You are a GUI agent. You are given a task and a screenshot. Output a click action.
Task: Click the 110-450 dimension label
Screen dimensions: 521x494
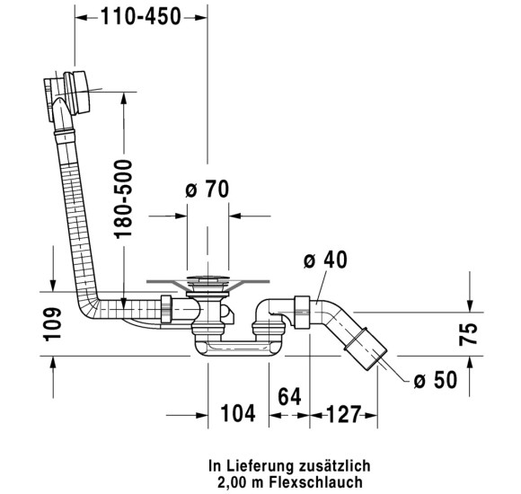point(141,17)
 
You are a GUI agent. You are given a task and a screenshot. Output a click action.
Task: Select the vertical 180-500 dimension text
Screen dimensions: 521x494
point(123,199)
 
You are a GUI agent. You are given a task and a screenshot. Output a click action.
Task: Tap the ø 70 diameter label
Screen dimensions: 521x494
point(208,189)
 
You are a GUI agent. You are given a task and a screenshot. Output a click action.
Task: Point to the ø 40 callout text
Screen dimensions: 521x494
point(325,260)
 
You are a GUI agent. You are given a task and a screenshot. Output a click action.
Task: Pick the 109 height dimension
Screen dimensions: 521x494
point(52,324)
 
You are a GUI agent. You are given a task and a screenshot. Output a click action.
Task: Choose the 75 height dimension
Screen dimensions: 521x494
point(468,334)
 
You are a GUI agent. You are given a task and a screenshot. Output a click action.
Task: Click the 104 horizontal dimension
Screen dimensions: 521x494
point(238,413)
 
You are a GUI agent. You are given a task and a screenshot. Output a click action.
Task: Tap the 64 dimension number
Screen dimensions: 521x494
point(289,397)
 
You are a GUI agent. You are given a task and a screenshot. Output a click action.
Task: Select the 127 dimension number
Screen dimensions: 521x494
point(344,414)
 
